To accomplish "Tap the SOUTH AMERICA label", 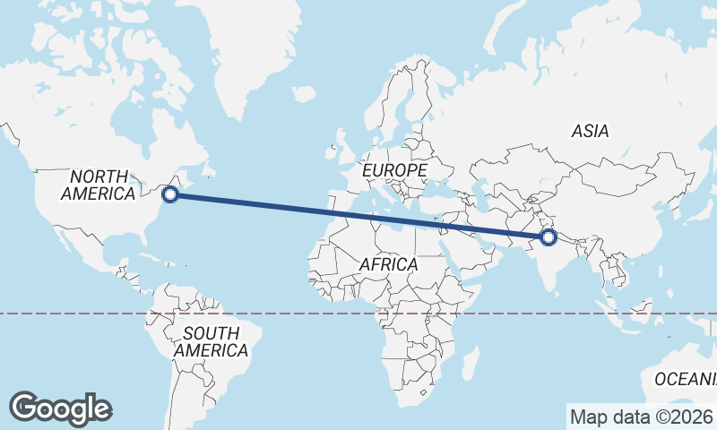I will point(211,342).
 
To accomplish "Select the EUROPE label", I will point(394,169).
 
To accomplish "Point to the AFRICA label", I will point(388,264).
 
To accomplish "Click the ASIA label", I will point(590,131).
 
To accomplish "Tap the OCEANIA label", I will point(687,379).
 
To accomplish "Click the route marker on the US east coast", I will point(168,193).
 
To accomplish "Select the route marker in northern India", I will point(548,237).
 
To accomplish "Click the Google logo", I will point(60,408).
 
